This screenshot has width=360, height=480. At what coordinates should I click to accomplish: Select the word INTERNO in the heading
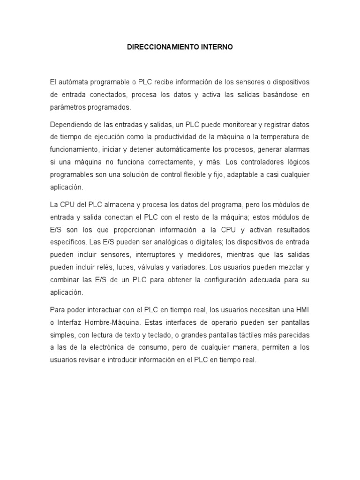point(216,48)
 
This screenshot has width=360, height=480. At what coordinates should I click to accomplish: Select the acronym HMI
point(303,310)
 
